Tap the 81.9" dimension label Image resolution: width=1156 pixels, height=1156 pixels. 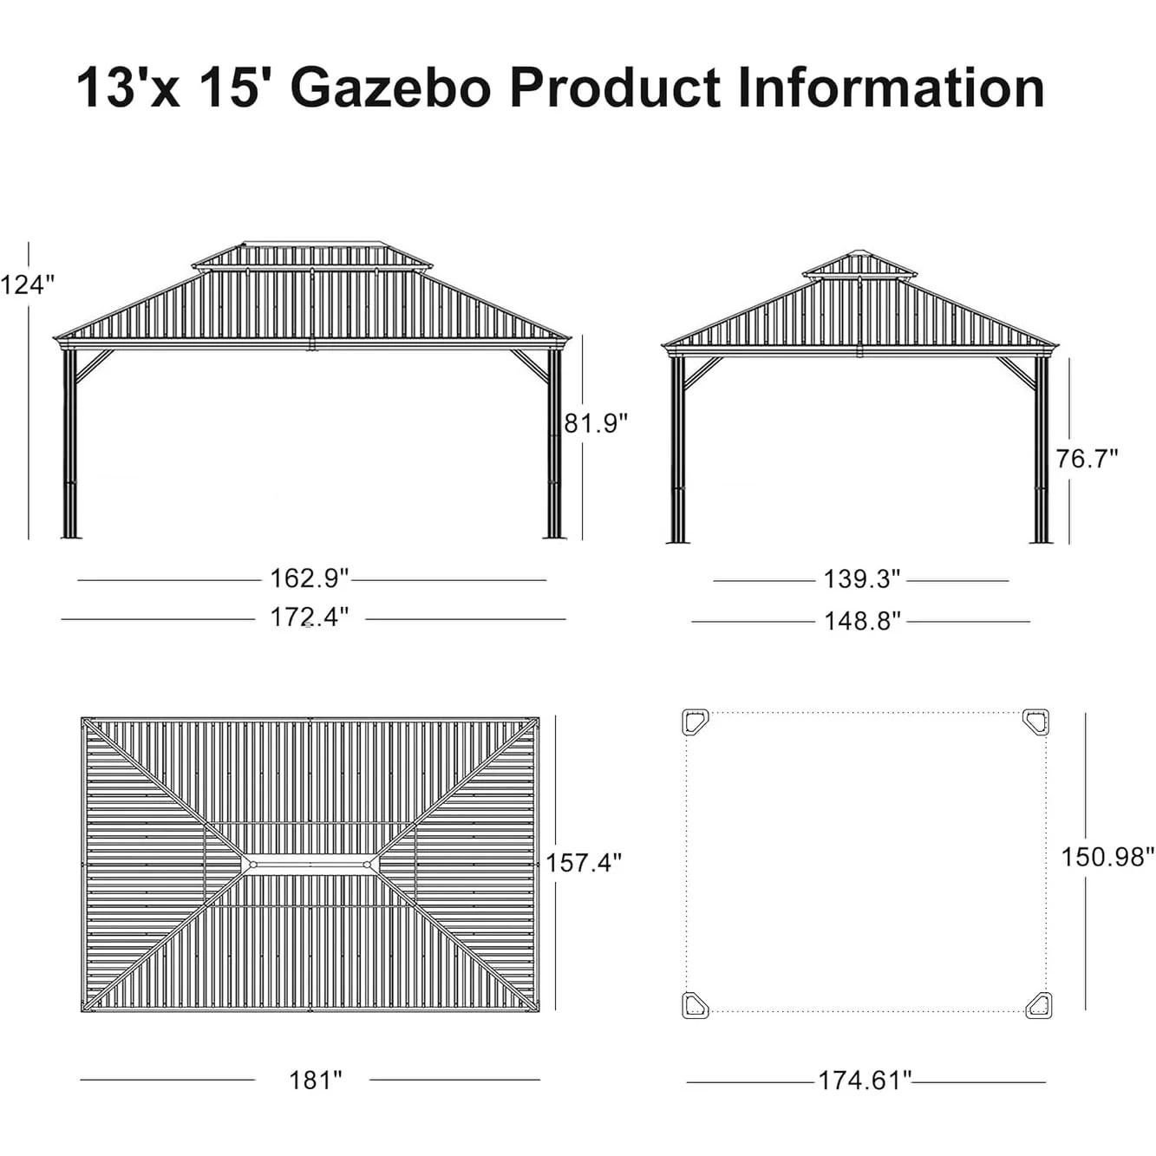[x=596, y=423]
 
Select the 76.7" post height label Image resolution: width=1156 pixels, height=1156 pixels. [x=1087, y=458]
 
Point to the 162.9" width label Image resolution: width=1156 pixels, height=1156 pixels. [x=309, y=578]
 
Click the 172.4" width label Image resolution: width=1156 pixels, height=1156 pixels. [x=309, y=617]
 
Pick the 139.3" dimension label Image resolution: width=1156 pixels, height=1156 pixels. [x=861, y=579]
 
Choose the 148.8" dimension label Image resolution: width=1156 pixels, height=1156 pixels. [x=862, y=621]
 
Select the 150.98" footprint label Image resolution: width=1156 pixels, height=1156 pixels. [x=1107, y=857]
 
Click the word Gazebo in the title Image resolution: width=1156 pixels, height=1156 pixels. [x=391, y=88]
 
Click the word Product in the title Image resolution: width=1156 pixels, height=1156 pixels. [x=615, y=88]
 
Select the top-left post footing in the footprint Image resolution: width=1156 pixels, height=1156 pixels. [x=696, y=722]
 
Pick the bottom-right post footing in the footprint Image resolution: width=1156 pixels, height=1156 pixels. [x=1038, y=1005]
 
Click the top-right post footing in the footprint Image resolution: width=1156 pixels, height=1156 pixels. [x=1035, y=721]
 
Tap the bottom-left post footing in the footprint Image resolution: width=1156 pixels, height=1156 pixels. [x=696, y=1005]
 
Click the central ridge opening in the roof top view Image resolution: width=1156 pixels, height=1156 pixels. [x=310, y=865]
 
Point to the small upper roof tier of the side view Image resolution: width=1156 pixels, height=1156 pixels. [x=859, y=265]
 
